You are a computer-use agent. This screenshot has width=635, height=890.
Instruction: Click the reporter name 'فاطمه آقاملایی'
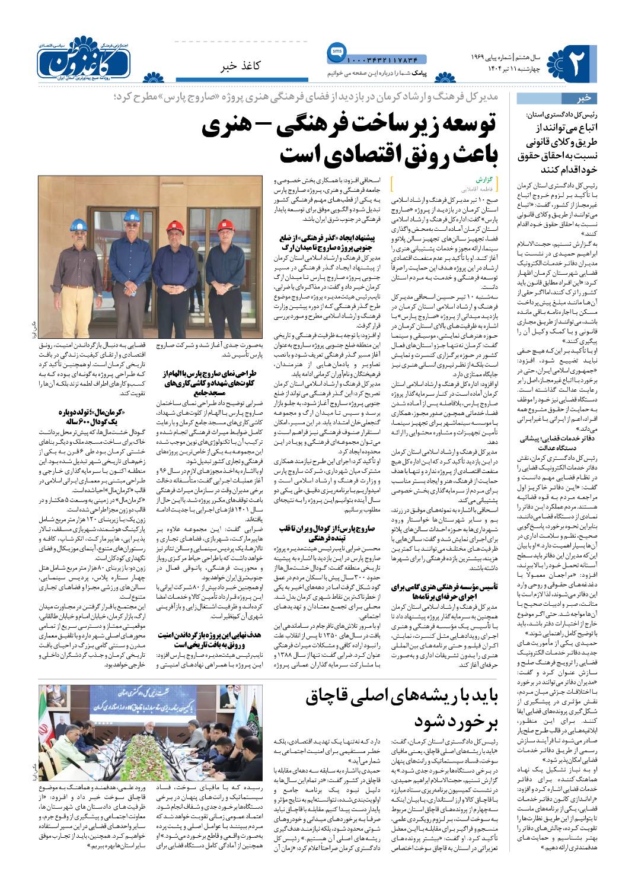click(481, 186)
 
